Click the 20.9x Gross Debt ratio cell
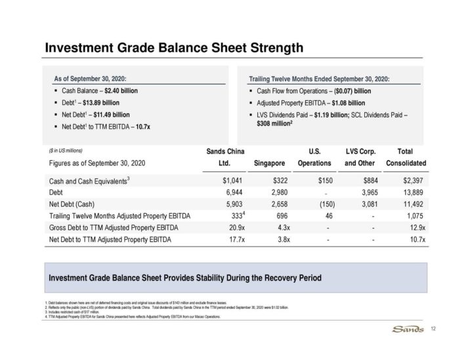[224, 228]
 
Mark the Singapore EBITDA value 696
[278, 216]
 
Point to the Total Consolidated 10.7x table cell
[416, 239]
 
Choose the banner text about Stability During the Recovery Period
[185, 278]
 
